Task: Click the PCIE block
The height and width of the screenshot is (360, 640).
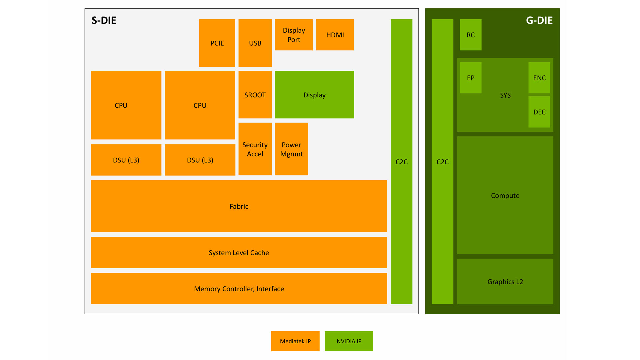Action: pyautogui.click(x=217, y=43)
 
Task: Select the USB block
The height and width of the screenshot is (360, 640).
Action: pyautogui.click(x=255, y=43)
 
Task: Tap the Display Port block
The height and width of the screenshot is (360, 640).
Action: pyautogui.click(x=294, y=35)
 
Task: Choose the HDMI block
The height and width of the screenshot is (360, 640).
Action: pyautogui.click(x=335, y=35)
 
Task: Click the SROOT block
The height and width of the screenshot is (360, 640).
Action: pyautogui.click(x=255, y=95)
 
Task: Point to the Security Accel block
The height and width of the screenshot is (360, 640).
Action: pyautogui.click(x=255, y=149)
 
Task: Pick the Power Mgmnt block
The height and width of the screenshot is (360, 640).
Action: pyautogui.click(x=291, y=149)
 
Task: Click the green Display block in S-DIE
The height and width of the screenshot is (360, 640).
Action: pyautogui.click(x=314, y=95)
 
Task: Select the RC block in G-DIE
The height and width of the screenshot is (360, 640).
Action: pyautogui.click(x=470, y=35)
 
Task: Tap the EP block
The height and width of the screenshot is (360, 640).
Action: pyautogui.click(x=470, y=78)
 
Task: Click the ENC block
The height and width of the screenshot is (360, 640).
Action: pyautogui.click(x=539, y=78)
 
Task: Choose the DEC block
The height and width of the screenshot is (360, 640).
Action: pyautogui.click(x=539, y=112)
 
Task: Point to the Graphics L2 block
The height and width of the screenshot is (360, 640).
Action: pyautogui.click(x=505, y=282)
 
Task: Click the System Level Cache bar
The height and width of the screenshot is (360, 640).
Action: pyautogui.click(x=239, y=253)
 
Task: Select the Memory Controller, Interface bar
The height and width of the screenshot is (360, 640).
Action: pyautogui.click(x=239, y=289)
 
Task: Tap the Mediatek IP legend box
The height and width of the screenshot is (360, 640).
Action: pyautogui.click(x=295, y=341)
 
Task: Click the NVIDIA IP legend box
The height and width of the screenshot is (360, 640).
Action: pyautogui.click(x=349, y=341)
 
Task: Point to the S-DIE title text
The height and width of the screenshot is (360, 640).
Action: pyautogui.click(x=104, y=20)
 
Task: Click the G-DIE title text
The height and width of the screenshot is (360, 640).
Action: pyautogui.click(x=539, y=20)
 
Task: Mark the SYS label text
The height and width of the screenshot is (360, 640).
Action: pyautogui.click(x=505, y=95)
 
